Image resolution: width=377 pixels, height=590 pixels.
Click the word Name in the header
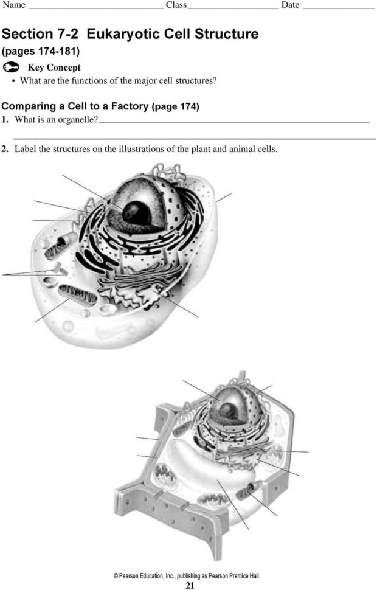[13, 5]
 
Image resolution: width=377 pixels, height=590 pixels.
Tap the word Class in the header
[176, 5]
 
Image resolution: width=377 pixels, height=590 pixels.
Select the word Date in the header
[290, 5]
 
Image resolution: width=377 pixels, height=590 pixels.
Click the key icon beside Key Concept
[12, 68]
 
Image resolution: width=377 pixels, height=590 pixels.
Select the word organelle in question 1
[76, 120]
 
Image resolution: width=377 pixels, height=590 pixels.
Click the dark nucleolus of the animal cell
[138, 213]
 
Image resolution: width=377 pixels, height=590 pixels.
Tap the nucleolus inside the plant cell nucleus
[229, 411]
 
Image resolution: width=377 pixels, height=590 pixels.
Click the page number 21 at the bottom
[189, 586]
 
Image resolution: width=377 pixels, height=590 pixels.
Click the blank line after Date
[338, 8]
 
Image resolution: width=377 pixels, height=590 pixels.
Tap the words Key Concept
[54, 68]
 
